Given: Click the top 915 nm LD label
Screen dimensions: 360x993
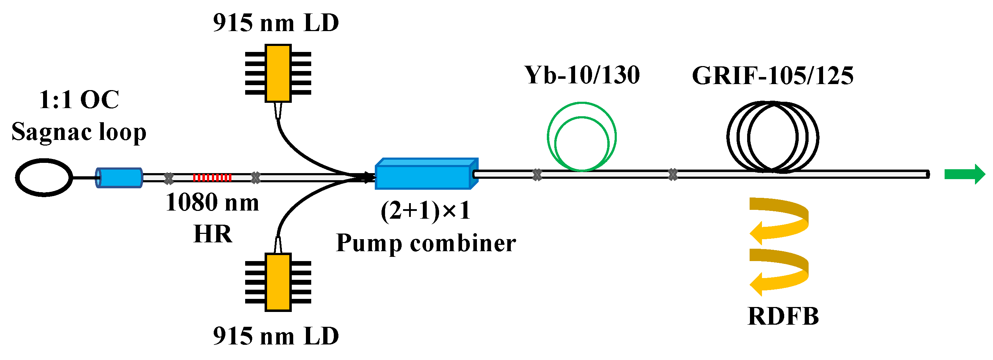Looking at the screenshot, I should pos(276,23).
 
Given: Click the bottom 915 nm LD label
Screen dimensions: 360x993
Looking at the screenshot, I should pos(276,336).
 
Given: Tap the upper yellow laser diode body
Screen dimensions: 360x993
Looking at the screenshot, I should pos(278,73).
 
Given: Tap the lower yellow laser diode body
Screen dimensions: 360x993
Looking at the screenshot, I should pos(278,282).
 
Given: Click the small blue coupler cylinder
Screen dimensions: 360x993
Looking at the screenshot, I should pos(119,178).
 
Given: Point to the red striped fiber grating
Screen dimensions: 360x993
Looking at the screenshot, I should pos(212,178).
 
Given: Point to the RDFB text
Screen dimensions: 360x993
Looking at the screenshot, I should pos(783,317).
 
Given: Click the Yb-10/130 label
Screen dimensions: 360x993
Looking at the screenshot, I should pos(582,75).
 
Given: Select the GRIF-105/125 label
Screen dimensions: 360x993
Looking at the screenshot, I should pos(773,76).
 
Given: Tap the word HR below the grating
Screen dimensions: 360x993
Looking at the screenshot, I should pos(213,234).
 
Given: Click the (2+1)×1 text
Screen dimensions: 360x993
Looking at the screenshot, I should pos(425,211).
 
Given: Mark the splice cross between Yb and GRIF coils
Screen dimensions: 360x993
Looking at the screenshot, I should pos(673,175).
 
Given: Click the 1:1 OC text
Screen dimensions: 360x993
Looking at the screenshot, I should pos(79,100).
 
